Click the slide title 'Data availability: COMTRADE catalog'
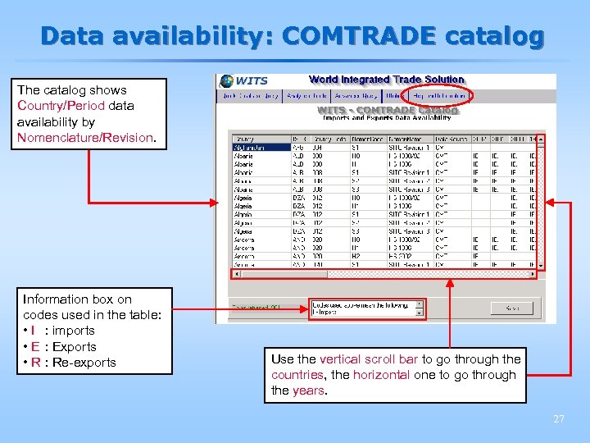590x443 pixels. (x=292, y=36)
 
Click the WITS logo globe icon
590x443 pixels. (x=226, y=81)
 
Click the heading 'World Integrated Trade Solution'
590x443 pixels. (x=386, y=80)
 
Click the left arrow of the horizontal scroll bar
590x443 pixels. (x=237, y=275)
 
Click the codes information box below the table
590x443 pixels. (x=366, y=308)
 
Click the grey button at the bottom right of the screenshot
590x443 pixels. (x=511, y=308)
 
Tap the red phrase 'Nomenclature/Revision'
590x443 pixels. (x=85, y=137)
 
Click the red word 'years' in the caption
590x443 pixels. (x=308, y=390)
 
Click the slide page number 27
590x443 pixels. (x=558, y=419)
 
